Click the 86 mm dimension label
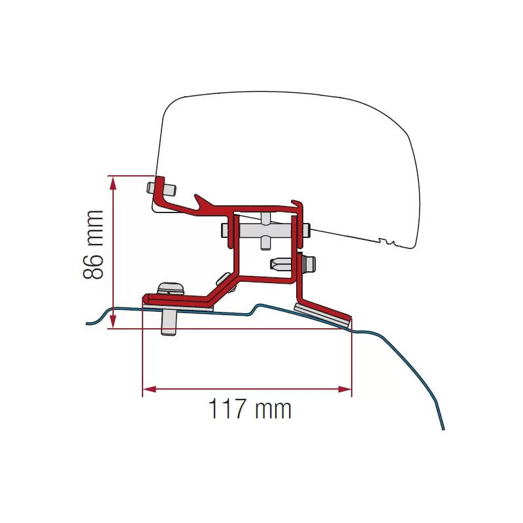pyautogui.click(x=94, y=245)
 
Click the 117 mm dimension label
pyautogui.click(x=249, y=410)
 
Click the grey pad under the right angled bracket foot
pyautogui.click(x=323, y=314)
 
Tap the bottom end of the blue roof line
pyautogui.click(x=444, y=429)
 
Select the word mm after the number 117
pyautogui.click(x=272, y=410)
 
